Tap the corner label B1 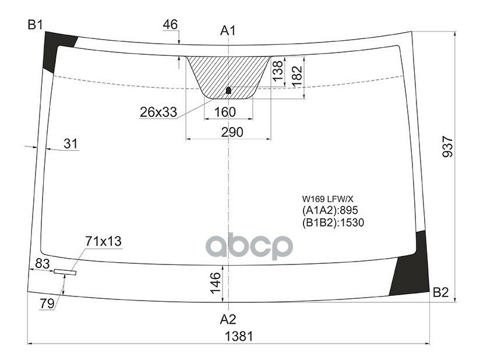[36, 24]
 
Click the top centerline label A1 [228, 30]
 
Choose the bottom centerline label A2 [228, 319]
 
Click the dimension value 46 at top [170, 24]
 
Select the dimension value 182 [297, 74]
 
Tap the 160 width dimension [225, 112]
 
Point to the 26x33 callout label [158, 112]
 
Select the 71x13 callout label [104, 241]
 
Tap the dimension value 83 [42, 264]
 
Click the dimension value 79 [46, 303]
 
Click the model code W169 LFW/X [327, 199]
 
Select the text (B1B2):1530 [333, 222]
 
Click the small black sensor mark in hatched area [228, 90]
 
